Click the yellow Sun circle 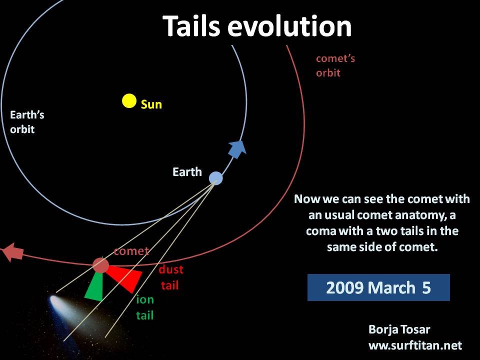point(129,101)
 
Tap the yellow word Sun point(151,104)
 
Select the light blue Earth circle point(216,178)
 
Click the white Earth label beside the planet point(187,172)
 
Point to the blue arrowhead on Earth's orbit point(237,149)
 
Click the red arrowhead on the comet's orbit point(12,252)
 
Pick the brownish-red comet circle point(100,265)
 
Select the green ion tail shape point(95,286)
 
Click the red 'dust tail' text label point(171,277)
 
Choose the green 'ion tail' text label point(145,307)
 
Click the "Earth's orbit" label point(27,122)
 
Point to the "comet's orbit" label point(335,65)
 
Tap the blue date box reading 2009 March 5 point(378,287)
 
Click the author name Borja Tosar point(399,329)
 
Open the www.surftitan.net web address point(415,345)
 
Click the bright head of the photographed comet point(55,300)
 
